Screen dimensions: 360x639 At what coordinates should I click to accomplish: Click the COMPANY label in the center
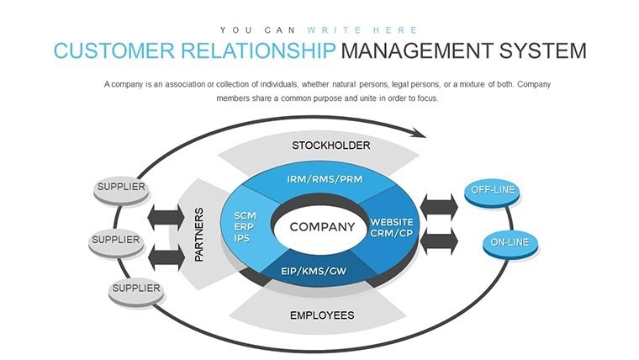pyautogui.click(x=322, y=227)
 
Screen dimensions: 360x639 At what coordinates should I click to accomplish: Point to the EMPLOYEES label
pyautogui.click(x=322, y=315)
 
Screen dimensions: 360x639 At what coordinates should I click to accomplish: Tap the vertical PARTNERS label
pyautogui.click(x=199, y=235)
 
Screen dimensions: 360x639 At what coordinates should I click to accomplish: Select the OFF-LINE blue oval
pyautogui.click(x=492, y=191)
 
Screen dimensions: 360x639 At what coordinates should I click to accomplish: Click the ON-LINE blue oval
pyautogui.click(x=510, y=244)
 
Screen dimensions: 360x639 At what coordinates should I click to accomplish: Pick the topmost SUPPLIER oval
pyautogui.click(x=120, y=188)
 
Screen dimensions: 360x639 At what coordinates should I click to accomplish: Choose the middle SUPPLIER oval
pyautogui.click(x=116, y=241)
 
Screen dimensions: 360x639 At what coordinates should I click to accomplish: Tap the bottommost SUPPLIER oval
pyautogui.click(x=135, y=289)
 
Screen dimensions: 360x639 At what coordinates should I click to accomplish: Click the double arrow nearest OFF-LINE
pyautogui.click(x=438, y=205)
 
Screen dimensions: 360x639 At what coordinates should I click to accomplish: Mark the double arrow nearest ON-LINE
pyautogui.click(x=438, y=241)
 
